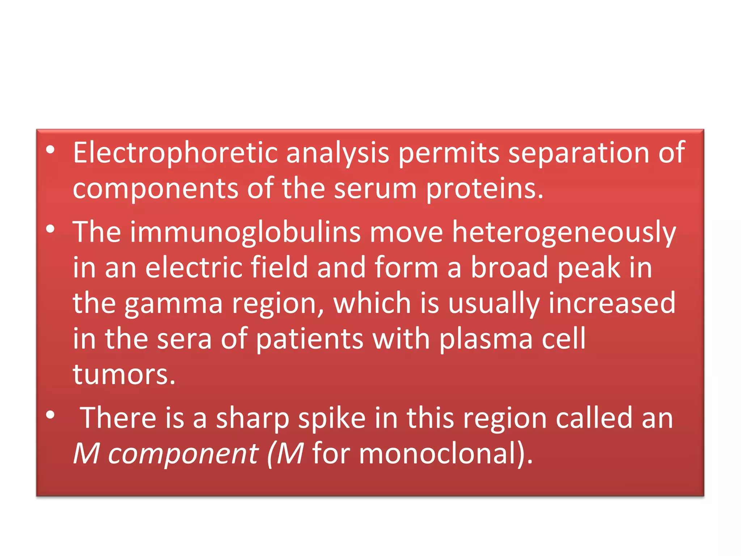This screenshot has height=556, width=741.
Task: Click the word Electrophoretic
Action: click(x=175, y=153)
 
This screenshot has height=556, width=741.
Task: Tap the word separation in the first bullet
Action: click(x=578, y=153)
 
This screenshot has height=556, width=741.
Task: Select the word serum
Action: click(x=375, y=189)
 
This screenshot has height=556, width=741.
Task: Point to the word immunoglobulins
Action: click(x=245, y=232)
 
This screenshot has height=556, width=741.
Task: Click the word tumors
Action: click(x=124, y=374)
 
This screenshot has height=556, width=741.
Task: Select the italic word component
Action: click(x=183, y=454)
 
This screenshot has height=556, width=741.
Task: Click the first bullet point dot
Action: click(x=50, y=149)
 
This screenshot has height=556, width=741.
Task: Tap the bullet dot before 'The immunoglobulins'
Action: click(x=50, y=229)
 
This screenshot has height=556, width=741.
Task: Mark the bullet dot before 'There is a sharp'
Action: click(x=50, y=415)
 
